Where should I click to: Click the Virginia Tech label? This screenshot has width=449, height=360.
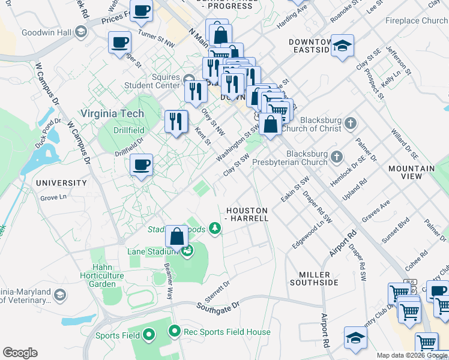click(112, 113)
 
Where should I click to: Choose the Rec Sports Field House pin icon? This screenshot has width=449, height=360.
click(175, 331)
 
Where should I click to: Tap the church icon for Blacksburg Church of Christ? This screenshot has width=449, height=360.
click(351, 124)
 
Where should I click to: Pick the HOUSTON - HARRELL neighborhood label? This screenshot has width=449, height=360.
click(247, 214)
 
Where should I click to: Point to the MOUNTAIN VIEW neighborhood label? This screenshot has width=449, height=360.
click(411, 172)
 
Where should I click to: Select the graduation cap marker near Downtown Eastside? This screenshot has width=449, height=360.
click(342, 46)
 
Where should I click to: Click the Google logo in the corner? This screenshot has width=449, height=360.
click(20, 352)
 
